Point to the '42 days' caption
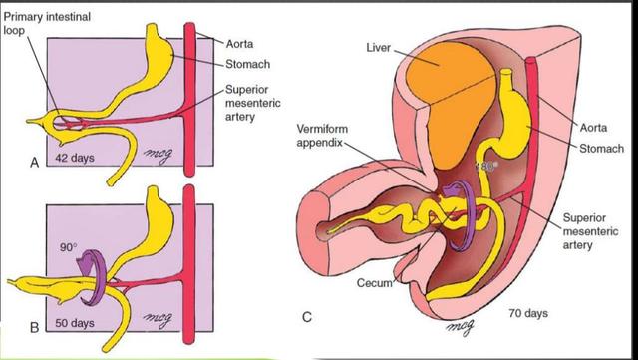click(75, 160)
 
